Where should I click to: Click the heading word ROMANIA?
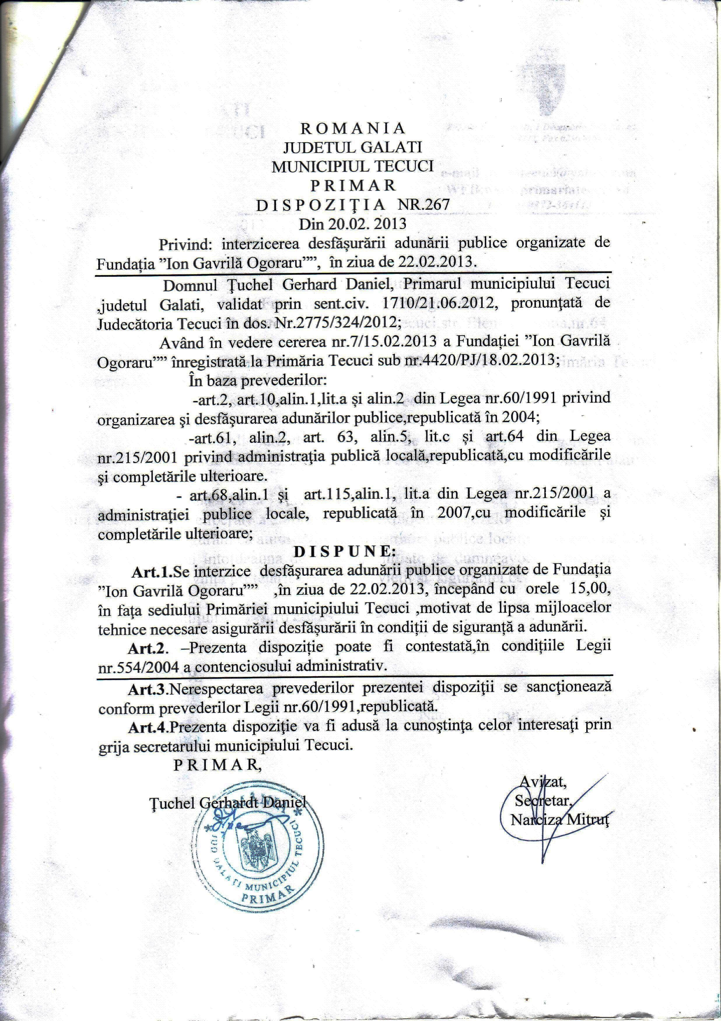coord(353,128)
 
